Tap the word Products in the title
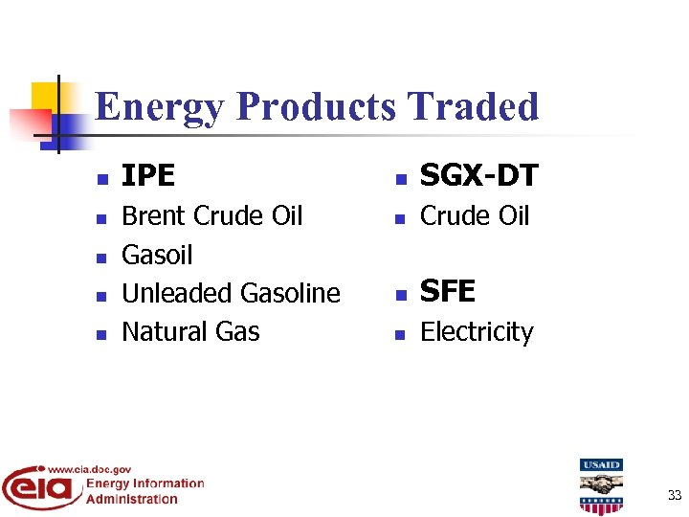(315, 106)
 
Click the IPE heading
(148, 176)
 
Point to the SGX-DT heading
(478, 176)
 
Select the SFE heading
(448, 291)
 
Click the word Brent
(154, 216)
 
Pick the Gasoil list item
(157, 256)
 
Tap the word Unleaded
(178, 293)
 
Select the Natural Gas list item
(190, 332)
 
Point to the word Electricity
(477, 332)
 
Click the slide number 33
(674, 495)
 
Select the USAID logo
(600, 485)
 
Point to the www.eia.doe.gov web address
(89, 469)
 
